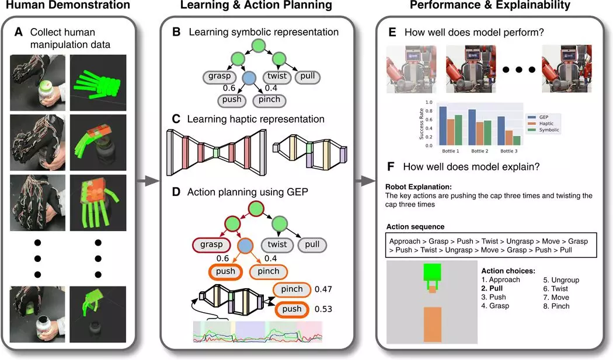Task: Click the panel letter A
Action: click(19, 32)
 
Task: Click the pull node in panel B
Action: click(306, 76)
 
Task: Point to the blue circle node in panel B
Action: click(249, 78)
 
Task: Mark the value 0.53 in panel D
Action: click(323, 308)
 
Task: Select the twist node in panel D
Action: click(277, 244)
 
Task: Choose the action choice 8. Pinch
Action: click(556, 306)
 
